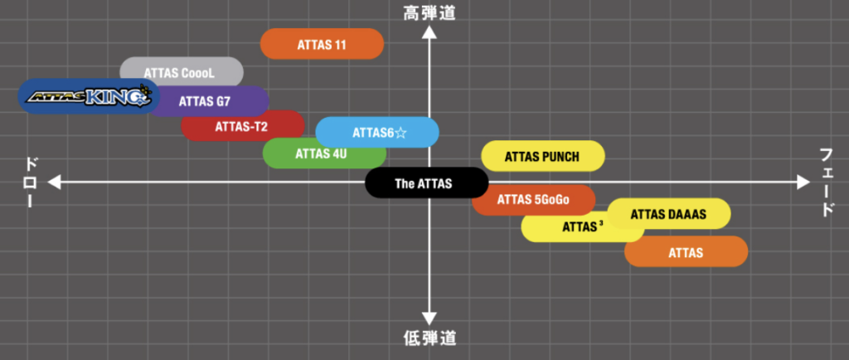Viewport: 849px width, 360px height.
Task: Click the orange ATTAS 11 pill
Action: [x=322, y=44]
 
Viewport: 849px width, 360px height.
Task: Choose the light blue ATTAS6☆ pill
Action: [x=377, y=133]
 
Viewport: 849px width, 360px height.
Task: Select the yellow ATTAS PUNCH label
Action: [x=542, y=156]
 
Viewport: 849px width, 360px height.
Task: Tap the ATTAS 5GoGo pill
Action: [x=533, y=199]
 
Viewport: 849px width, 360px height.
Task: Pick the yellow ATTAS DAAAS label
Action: [x=669, y=214]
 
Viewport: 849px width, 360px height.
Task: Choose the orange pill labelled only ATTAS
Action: [x=686, y=252]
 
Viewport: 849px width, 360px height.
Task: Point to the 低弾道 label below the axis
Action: [x=429, y=338]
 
